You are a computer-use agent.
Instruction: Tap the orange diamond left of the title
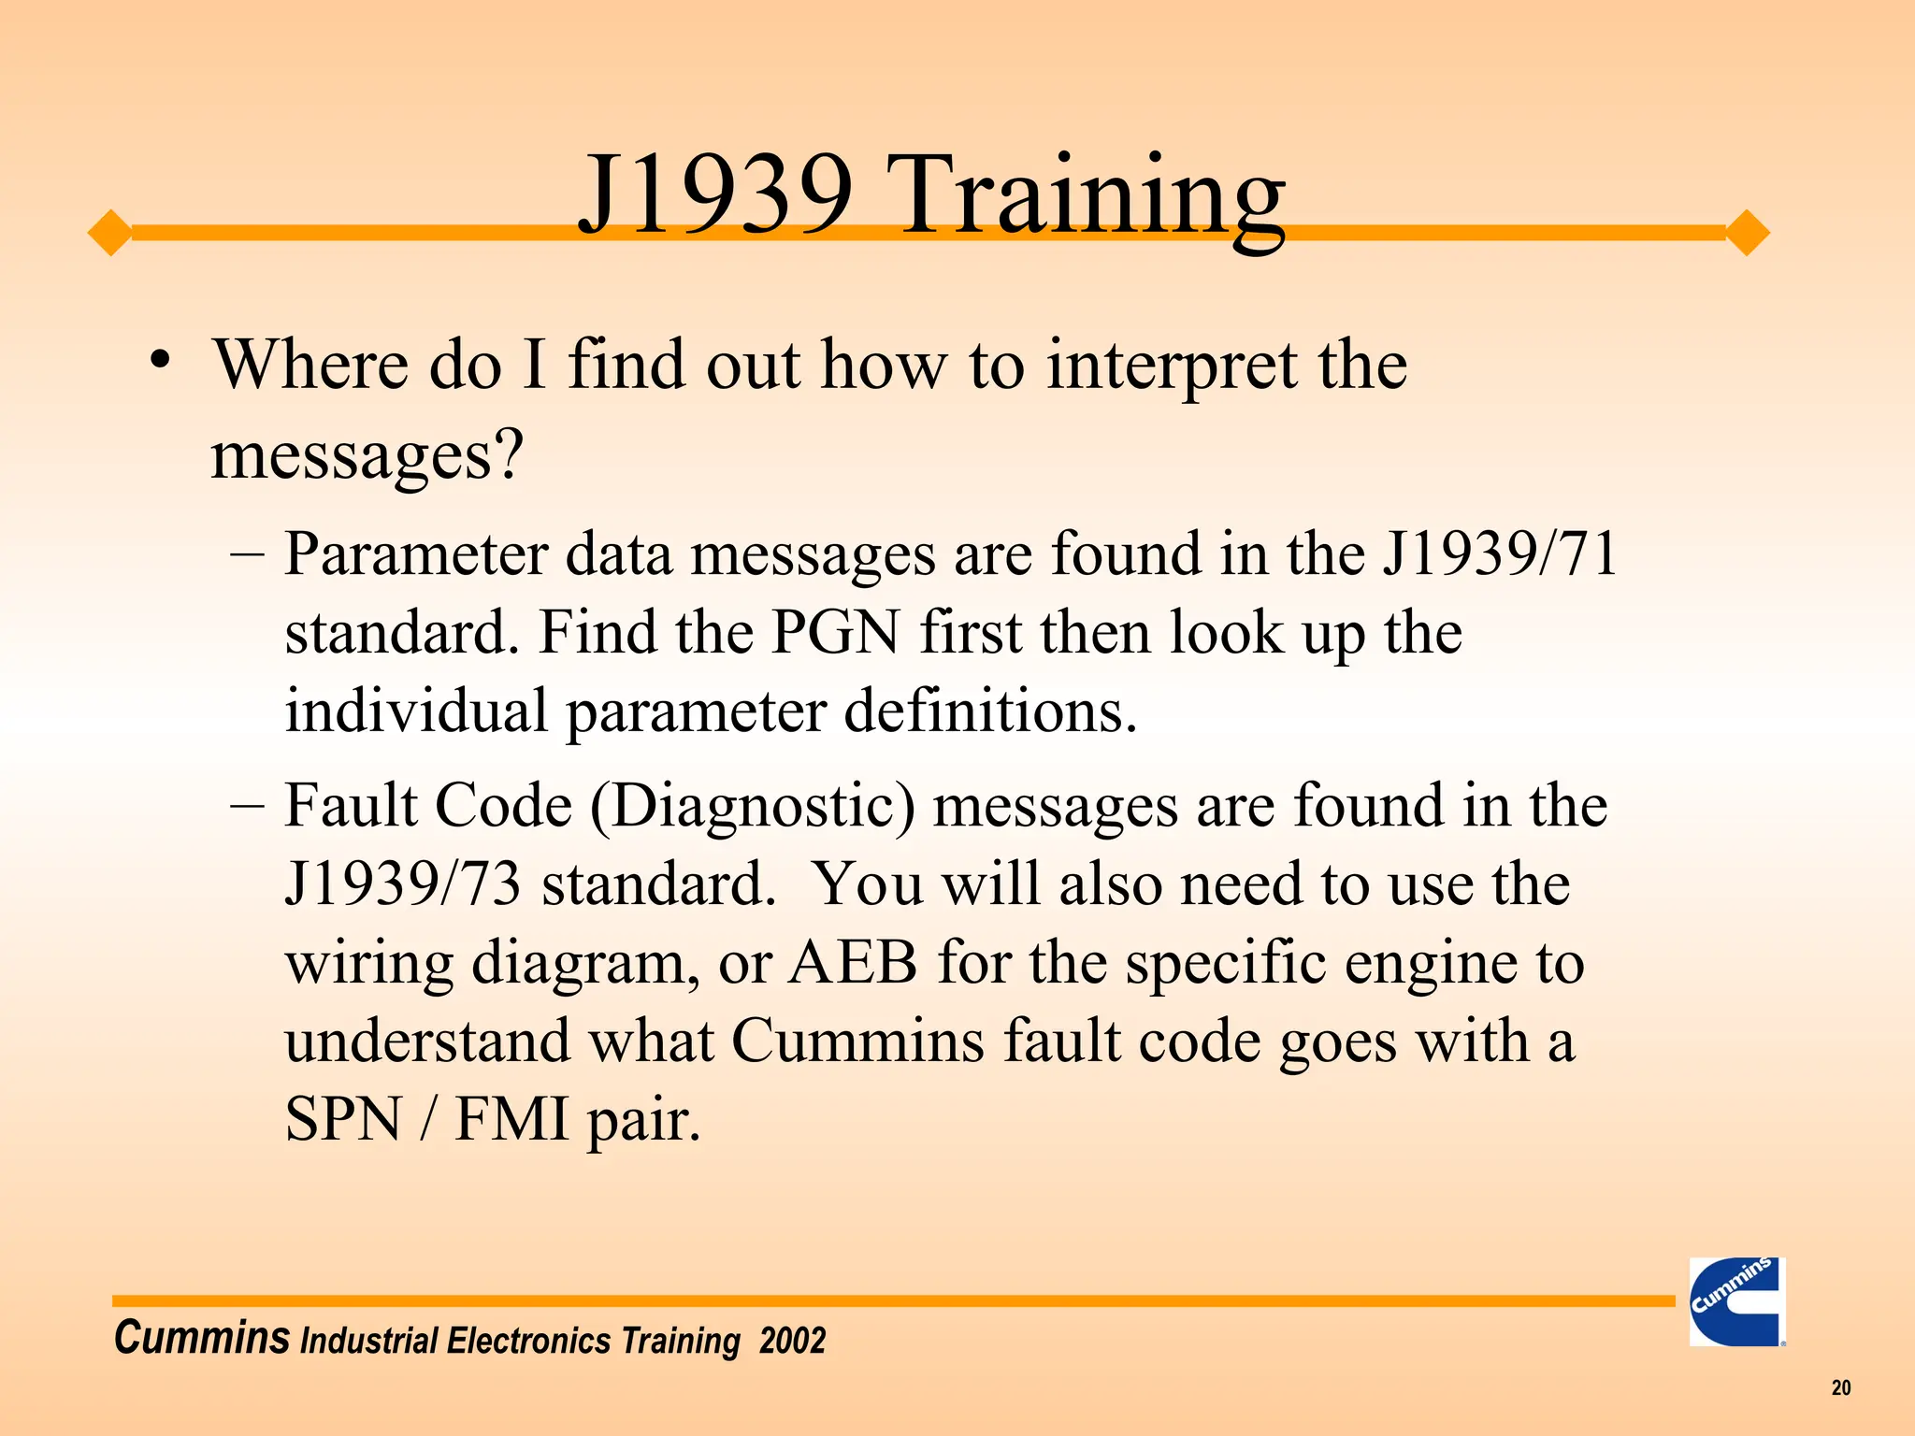(x=110, y=233)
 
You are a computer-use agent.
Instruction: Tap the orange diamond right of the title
(x=1747, y=233)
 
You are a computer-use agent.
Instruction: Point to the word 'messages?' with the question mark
(x=367, y=456)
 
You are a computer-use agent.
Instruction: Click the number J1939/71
(x=1501, y=553)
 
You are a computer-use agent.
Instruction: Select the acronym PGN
(x=835, y=633)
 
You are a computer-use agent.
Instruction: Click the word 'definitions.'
(x=991, y=711)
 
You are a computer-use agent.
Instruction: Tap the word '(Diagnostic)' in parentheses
(x=753, y=806)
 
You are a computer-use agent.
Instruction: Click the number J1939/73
(x=403, y=884)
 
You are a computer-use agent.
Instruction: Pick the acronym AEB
(x=853, y=963)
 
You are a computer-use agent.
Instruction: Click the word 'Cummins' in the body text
(x=857, y=1041)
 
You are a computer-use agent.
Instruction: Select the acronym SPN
(x=343, y=1120)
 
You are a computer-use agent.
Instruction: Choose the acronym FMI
(x=511, y=1120)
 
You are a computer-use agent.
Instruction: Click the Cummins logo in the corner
(x=1736, y=1301)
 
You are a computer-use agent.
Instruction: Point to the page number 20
(x=1840, y=1387)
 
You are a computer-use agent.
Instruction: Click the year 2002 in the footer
(x=792, y=1341)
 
